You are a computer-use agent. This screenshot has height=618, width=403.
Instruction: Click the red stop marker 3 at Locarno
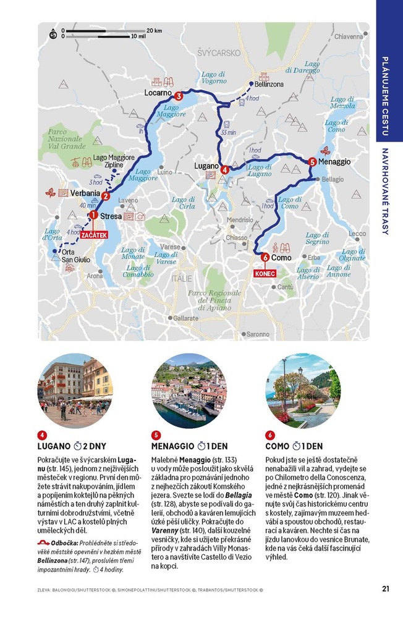[x=178, y=96]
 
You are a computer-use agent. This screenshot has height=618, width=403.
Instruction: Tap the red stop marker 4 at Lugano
[x=225, y=169]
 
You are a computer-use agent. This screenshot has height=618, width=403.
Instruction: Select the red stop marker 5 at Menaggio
[x=312, y=161]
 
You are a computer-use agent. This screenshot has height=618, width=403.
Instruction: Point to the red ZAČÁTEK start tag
[x=93, y=235]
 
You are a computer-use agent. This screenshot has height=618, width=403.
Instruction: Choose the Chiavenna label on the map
[x=349, y=36]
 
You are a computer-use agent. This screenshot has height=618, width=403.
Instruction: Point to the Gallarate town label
[x=185, y=318]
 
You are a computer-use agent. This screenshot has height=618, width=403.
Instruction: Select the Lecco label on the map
[x=357, y=234]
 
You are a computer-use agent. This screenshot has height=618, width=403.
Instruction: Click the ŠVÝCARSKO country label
[x=219, y=53]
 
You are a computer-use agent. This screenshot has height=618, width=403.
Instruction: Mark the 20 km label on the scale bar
[x=155, y=30]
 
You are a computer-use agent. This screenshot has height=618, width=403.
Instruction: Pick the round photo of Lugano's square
[x=75, y=391]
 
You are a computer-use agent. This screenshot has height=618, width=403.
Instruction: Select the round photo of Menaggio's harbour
[x=189, y=391]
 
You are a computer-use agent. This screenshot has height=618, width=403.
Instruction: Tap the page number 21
[x=385, y=588]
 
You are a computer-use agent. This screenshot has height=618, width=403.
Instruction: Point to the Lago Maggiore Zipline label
[x=114, y=161]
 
